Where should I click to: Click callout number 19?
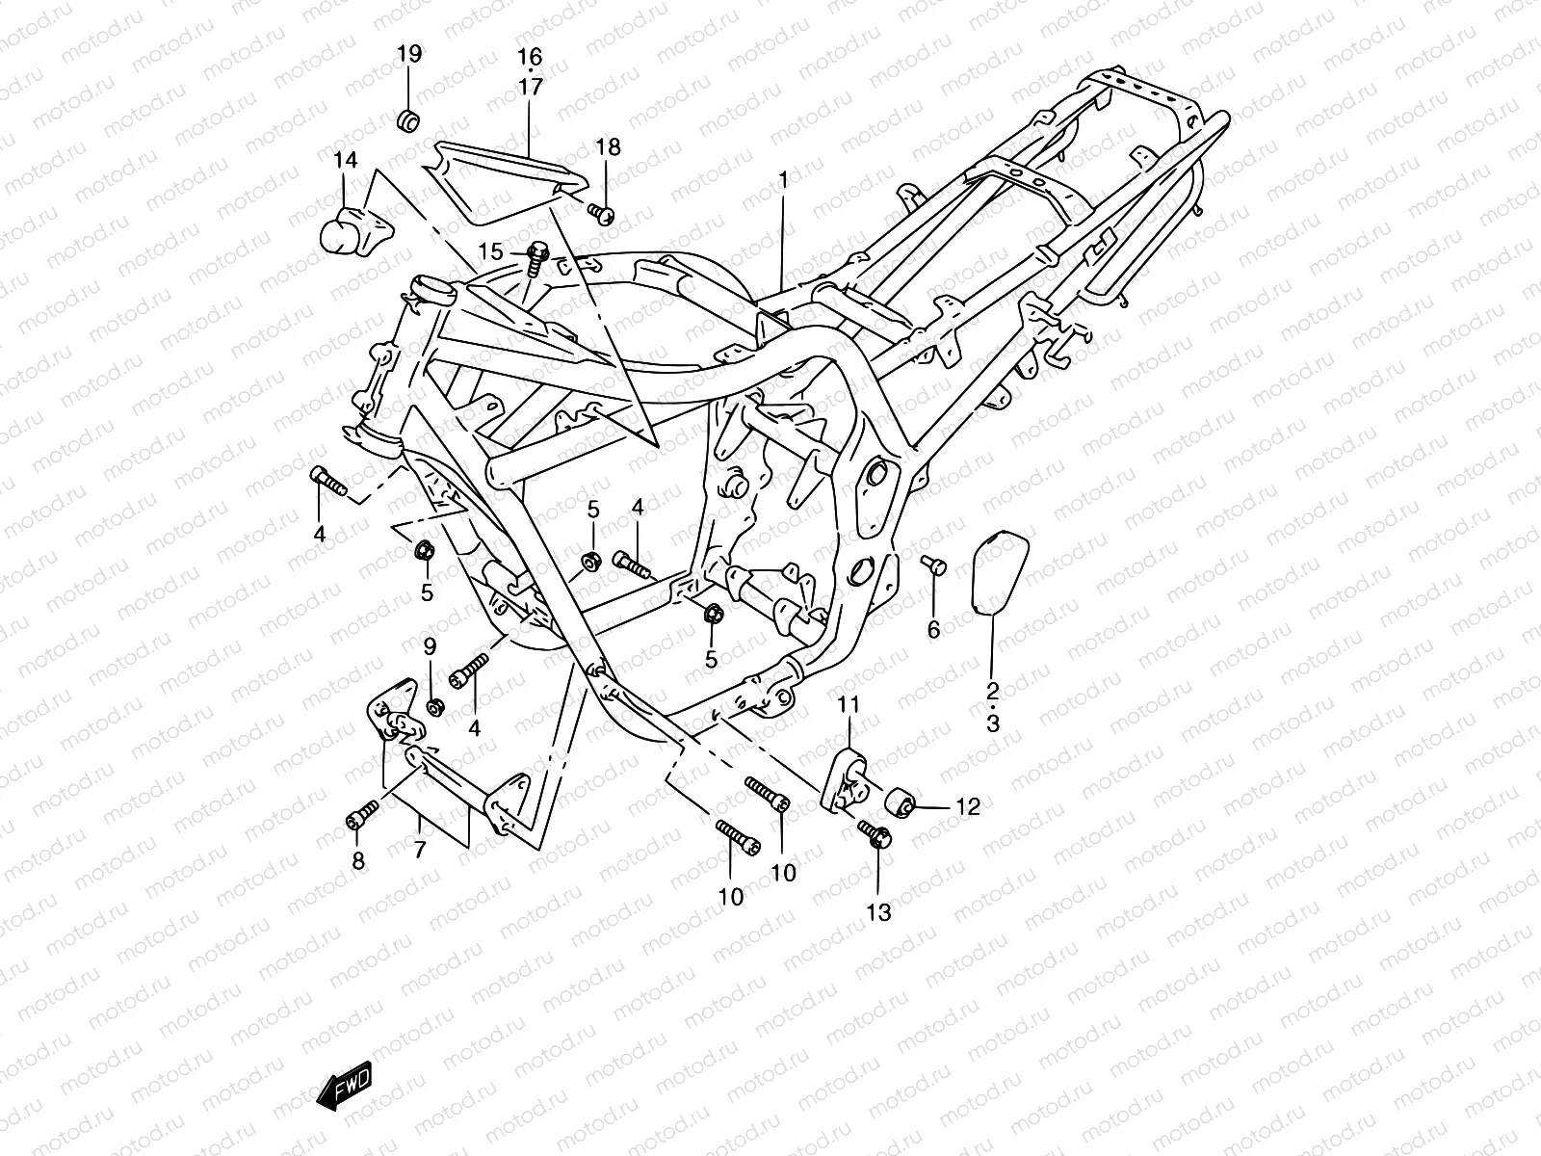[409, 54]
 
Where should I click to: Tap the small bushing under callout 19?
[408, 120]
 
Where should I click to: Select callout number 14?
[345, 160]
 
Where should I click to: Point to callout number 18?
[608, 147]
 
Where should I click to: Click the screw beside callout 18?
[601, 212]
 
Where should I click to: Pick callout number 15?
[491, 251]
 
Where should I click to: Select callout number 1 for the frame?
[783, 180]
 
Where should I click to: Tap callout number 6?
[933, 630]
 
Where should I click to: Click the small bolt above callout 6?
[933, 564]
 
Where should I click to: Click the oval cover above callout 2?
[999, 572]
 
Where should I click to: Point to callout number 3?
[992, 722]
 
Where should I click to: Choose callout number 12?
[967, 806]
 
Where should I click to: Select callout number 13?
[878, 912]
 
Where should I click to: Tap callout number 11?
[849, 704]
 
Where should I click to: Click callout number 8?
[358, 860]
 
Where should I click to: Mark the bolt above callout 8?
[362, 813]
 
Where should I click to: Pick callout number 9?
[430, 645]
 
